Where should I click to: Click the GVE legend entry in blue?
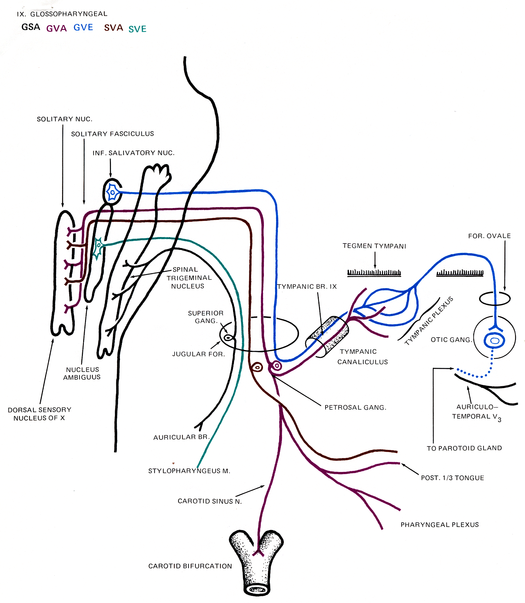(83, 27)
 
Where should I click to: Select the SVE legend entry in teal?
(137, 29)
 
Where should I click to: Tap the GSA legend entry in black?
(31, 27)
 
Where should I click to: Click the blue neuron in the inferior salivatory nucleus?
(112, 192)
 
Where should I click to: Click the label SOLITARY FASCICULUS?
(112, 134)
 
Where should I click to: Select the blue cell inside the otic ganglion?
(494, 340)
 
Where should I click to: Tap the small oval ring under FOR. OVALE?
(494, 299)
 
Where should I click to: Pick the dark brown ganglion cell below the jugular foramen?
(257, 368)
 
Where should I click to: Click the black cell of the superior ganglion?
(228, 338)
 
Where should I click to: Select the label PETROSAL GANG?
(355, 407)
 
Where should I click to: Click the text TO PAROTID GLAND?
(464, 448)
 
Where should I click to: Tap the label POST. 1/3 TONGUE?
(452, 478)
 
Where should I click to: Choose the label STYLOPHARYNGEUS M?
(189, 471)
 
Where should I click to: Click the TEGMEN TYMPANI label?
(374, 246)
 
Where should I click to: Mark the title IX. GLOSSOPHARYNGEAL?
(62, 14)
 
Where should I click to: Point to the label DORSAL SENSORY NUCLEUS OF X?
(40, 414)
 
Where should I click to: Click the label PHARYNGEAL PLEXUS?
(440, 525)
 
